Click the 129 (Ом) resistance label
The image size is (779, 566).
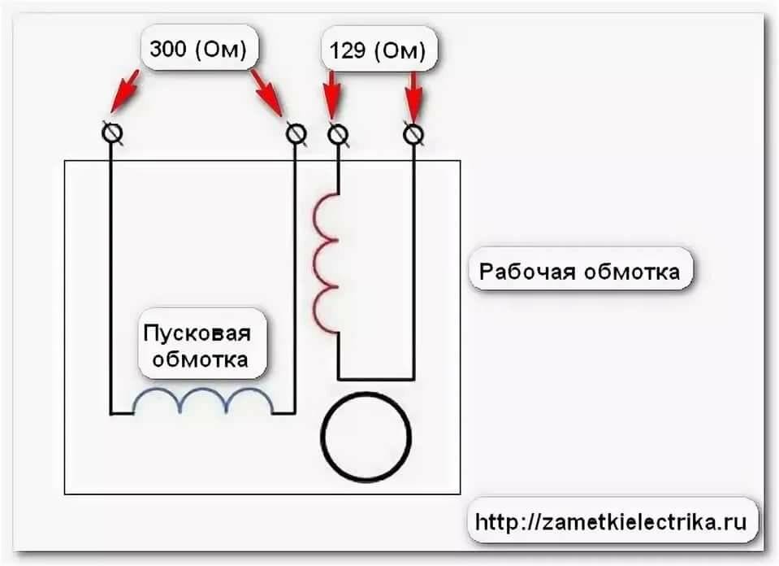pyautogui.click(x=377, y=52)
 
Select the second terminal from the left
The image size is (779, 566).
pyautogui.click(x=296, y=133)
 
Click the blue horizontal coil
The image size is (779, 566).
pyautogui.click(x=203, y=401)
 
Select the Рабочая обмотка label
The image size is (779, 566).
pyautogui.click(x=579, y=272)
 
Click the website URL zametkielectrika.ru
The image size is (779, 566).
pyautogui.click(x=610, y=521)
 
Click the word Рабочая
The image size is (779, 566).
pyautogui.click(x=525, y=272)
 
